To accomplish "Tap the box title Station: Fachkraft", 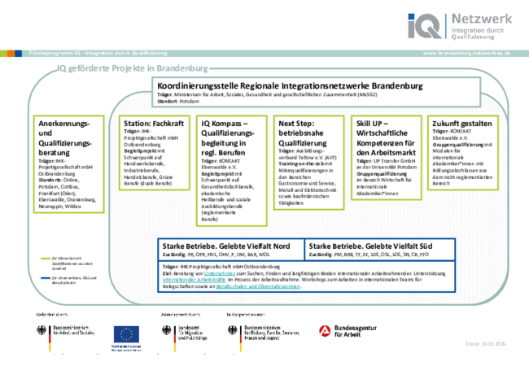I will click(153, 122).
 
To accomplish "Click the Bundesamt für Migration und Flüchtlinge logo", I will click(190, 333).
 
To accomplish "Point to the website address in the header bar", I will click(467, 53).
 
